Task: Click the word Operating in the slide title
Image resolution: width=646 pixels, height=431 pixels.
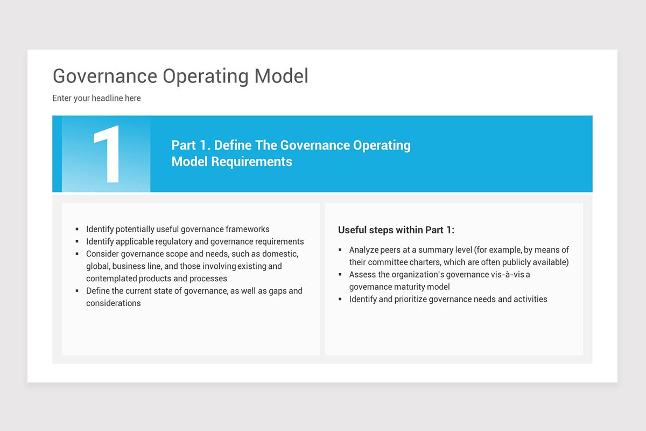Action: point(206,77)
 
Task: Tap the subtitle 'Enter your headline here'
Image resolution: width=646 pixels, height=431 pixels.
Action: point(96,98)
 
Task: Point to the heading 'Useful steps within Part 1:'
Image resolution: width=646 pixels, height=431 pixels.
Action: point(396,230)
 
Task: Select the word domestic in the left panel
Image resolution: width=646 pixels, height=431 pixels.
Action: point(280,254)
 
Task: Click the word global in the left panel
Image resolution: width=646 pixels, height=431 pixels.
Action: point(97,266)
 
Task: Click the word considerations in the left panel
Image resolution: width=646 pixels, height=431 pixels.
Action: point(114,303)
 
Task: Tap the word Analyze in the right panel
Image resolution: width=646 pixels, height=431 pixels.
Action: point(363,250)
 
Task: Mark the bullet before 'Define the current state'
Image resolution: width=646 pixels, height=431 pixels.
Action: point(78,291)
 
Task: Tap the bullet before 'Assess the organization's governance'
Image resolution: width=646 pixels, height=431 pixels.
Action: point(340,275)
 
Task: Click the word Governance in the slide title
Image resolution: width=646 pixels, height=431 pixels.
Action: point(104,77)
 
